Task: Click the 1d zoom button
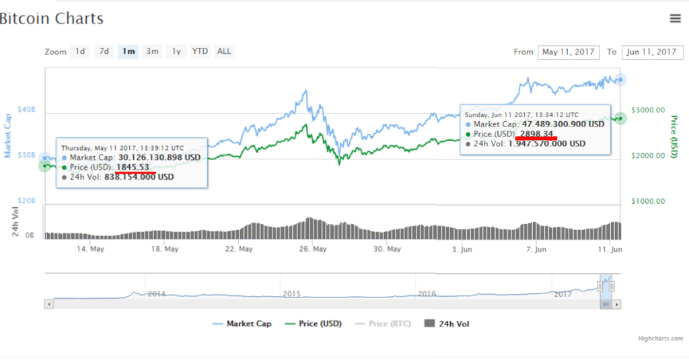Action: coord(80,51)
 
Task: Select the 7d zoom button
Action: coord(104,51)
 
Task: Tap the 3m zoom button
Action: coord(153,51)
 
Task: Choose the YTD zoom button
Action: coord(200,51)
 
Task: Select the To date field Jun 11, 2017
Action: coord(651,52)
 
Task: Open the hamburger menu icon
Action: coord(676,19)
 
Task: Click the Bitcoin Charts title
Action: coord(51,19)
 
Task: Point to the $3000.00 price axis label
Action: coord(650,110)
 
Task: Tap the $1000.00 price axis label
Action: coord(650,201)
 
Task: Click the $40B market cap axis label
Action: coord(26,110)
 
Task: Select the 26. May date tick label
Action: coord(313,249)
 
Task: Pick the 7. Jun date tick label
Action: coord(536,249)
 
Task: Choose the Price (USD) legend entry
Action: coord(318,324)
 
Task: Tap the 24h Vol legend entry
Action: coord(453,324)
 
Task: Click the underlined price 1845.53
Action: coord(133,167)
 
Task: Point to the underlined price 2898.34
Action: coord(536,134)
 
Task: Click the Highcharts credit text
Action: coord(660,338)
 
